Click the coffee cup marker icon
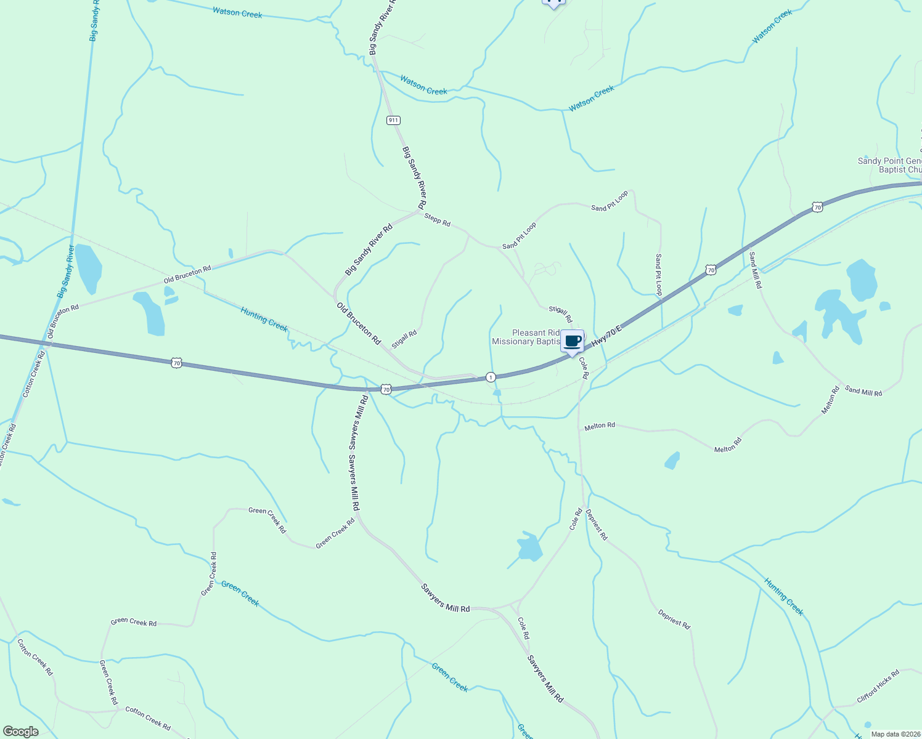[x=572, y=341]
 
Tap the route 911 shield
[x=393, y=120]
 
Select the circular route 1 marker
[x=491, y=377]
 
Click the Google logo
[x=20, y=732]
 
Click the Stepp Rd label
[x=437, y=219]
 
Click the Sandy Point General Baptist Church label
[x=890, y=165]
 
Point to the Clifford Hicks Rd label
[x=878, y=686]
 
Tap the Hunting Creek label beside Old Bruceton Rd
[x=264, y=318]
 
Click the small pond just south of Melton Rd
[x=672, y=460]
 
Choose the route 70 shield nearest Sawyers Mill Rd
[x=386, y=389]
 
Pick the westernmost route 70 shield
[x=177, y=363]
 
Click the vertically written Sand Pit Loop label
[x=658, y=274]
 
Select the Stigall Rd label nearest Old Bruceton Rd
[x=404, y=339]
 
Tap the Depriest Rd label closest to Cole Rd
[x=597, y=525]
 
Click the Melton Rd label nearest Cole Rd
[x=599, y=426]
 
